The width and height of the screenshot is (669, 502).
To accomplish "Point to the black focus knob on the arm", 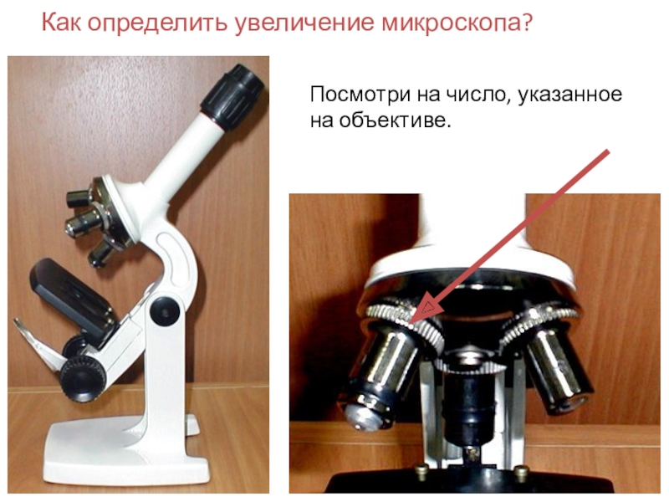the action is coord(165,312).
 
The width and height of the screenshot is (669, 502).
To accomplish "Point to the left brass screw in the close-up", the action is coord(421,471).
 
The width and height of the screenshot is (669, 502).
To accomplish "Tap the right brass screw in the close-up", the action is coord(521,472).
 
